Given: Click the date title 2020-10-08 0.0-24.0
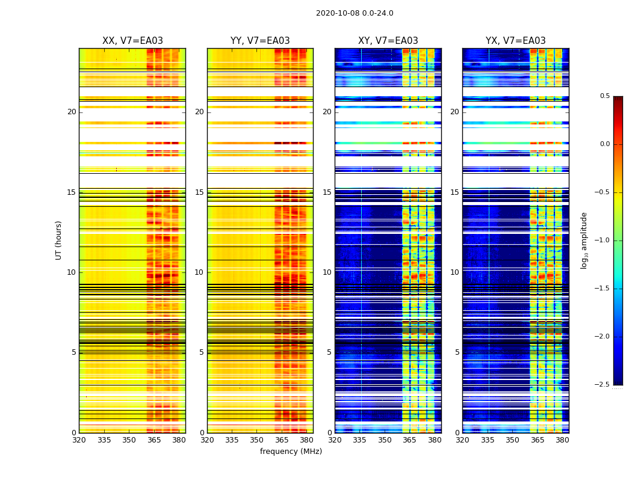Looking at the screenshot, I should (355, 13).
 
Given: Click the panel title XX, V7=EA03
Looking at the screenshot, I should (132, 41).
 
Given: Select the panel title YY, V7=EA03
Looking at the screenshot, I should (260, 41).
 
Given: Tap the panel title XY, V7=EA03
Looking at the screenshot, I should (388, 41).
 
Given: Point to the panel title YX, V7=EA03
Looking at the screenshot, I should (516, 41).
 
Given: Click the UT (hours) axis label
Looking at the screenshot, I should (58, 240).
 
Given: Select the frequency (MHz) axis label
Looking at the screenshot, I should (291, 452).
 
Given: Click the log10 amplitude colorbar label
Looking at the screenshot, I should (584, 240).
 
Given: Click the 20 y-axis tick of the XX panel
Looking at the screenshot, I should (72, 112).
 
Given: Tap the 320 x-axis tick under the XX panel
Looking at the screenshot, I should (79, 440).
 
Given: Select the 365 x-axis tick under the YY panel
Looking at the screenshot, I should (282, 440).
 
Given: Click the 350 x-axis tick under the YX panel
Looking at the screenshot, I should (512, 440).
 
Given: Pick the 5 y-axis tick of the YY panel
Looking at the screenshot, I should (202, 352).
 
